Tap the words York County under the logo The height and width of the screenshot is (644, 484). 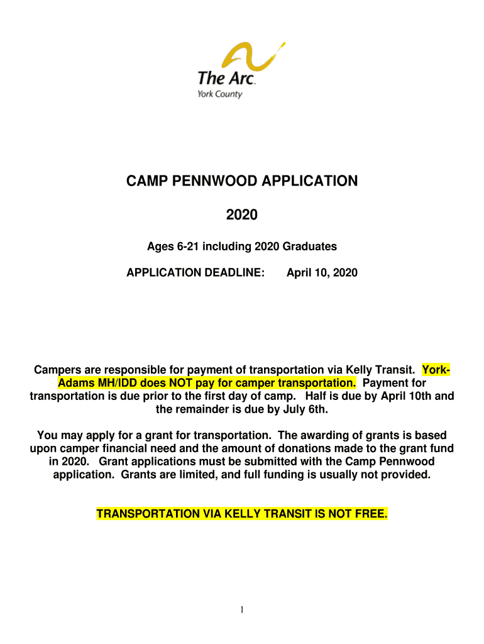(220, 94)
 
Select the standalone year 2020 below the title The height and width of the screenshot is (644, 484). (242, 215)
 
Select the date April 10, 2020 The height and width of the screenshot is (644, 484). (322, 272)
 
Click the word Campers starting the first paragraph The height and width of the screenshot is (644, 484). (60, 370)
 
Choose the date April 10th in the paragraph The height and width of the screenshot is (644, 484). (405, 396)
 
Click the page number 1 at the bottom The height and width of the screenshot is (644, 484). (242, 610)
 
